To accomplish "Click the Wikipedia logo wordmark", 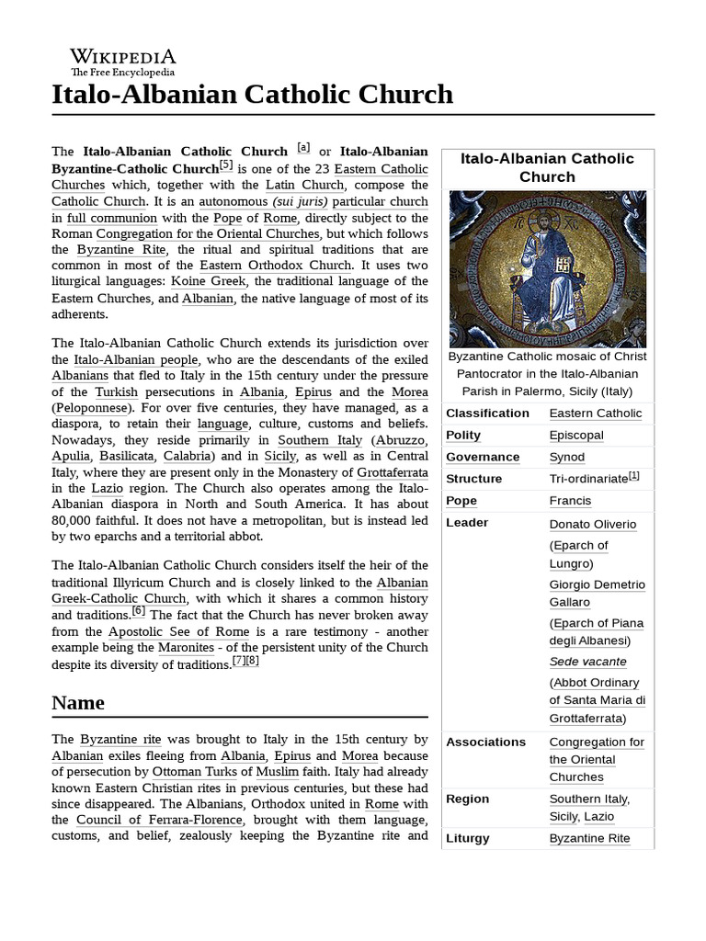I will coord(123,57).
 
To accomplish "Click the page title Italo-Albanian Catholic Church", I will coord(253,94).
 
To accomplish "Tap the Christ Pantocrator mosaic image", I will coord(547,269).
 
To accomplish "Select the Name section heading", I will coord(78,703).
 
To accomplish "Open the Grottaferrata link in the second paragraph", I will coord(394,472).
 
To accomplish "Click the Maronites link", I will coord(250,648).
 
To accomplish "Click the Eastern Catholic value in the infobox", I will coord(595,414).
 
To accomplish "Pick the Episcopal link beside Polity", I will coord(576,436).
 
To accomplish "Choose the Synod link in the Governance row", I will coord(566,458).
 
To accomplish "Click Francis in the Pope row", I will coord(570,501).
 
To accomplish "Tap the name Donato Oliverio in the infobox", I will coord(593,525).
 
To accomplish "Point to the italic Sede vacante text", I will coord(587,662).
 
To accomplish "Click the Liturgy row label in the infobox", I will coord(468,839).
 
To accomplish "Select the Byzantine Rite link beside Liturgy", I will coord(589,839).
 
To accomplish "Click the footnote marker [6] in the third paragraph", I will coord(139,611).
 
